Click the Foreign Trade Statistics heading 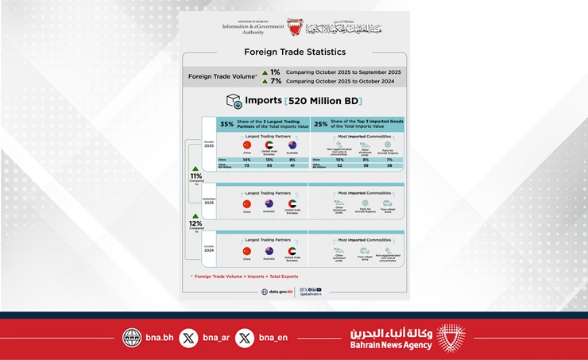pyautogui.click(x=294, y=52)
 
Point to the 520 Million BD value pyautogui.click(x=325, y=101)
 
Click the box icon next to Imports pyautogui.click(x=234, y=101)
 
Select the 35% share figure pyautogui.click(x=227, y=124)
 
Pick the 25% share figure pyautogui.click(x=321, y=124)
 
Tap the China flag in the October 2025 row pyautogui.click(x=246, y=145)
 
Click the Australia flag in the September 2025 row pyautogui.click(x=269, y=203)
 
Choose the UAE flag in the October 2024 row pyautogui.click(x=292, y=251)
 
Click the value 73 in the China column pyautogui.click(x=246, y=167)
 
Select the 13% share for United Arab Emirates pyautogui.click(x=269, y=161)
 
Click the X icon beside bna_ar pyautogui.click(x=189, y=337)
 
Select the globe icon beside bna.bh pyautogui.click(x=132, y=337)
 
